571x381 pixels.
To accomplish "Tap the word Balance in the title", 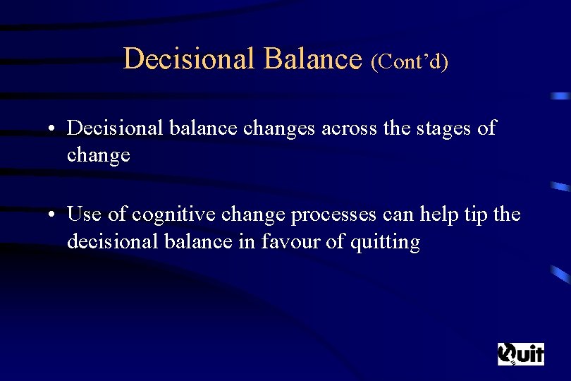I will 312,59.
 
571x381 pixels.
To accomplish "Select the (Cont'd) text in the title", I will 410,61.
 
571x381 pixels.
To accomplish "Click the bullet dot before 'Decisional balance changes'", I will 53,129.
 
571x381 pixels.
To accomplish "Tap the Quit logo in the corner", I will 521,353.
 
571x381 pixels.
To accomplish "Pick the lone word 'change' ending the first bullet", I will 99,155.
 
